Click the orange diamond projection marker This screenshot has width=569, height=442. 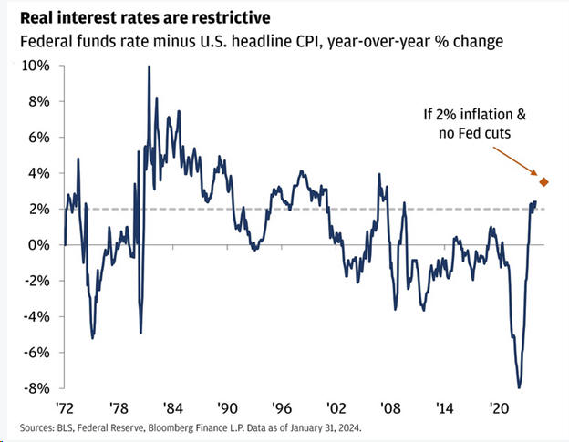click(x=544, y=182)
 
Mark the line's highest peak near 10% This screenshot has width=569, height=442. click(x=149, y=67)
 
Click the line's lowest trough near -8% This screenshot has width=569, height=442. click(x=519, y=387)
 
